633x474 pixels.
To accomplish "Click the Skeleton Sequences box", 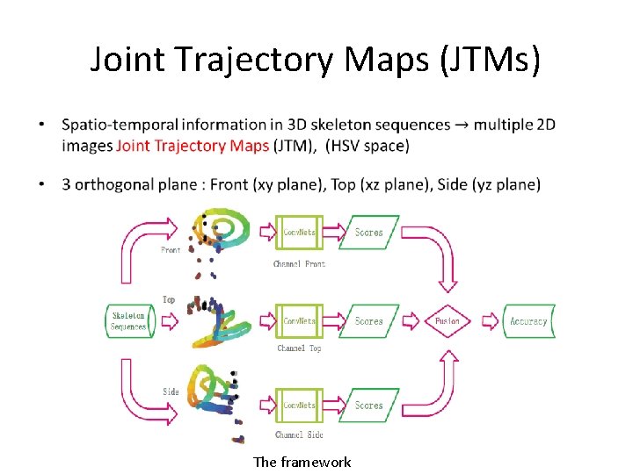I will coord(128,321).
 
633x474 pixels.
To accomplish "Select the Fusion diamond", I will coord(447,321).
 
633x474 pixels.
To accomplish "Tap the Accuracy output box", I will coord(528,321).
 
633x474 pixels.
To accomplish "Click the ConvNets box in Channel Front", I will coord(300,233).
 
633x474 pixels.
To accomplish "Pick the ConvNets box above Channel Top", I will coord(300,321).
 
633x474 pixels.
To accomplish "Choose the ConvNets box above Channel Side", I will coord(300,406).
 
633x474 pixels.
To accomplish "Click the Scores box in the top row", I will coord(368,233).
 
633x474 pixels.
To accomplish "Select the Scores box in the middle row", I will coord(368,321).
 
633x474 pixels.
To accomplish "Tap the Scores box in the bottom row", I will coord(368,406).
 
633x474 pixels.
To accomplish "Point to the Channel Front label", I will coord(299,264).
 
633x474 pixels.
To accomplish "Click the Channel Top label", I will coord(299,348).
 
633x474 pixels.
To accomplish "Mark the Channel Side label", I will coord(299,434).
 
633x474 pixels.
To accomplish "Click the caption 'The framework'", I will coord(302,462).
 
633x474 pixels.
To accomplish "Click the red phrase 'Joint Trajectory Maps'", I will coord(193,146).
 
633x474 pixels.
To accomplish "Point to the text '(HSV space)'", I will coord(367,146).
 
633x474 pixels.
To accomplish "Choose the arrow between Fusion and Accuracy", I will coord(486,321).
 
